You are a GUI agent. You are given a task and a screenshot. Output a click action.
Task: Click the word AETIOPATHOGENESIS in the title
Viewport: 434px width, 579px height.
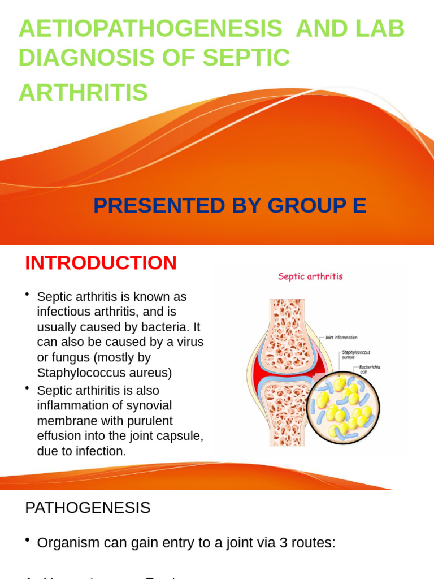[150, 28]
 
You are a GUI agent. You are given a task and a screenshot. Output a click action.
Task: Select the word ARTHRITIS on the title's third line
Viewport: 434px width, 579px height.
[83, 92]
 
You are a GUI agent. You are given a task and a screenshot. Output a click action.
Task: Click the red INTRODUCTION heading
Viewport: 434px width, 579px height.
[101, 263]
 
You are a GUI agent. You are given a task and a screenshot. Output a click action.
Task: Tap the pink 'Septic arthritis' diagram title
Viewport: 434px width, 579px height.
[310, 276]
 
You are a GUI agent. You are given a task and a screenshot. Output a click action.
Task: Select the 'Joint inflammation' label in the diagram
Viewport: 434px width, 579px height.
[341, 338]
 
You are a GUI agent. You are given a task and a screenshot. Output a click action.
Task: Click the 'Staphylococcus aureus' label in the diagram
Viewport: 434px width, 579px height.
[355, 355]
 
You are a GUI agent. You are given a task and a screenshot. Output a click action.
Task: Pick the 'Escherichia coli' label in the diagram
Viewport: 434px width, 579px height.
[370, 369]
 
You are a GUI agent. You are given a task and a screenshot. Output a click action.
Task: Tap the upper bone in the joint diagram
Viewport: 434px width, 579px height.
[287, 328]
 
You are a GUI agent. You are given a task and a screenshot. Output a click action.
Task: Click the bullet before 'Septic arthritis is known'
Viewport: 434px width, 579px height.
[27, 295]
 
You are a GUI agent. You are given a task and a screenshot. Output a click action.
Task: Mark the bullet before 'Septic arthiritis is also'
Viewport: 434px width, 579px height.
[27, 389]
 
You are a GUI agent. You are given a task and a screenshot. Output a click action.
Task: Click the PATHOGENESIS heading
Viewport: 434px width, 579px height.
[88, 508]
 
